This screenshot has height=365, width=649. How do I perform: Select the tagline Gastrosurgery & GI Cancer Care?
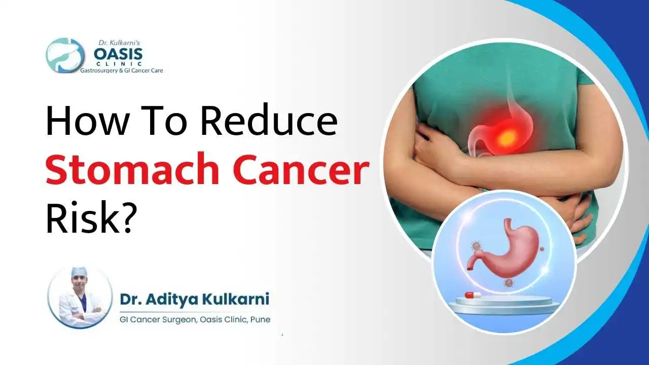122,71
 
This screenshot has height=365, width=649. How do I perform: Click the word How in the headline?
81,122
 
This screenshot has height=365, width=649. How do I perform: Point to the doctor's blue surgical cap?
79,272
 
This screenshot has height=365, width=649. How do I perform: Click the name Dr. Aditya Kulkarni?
195,300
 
